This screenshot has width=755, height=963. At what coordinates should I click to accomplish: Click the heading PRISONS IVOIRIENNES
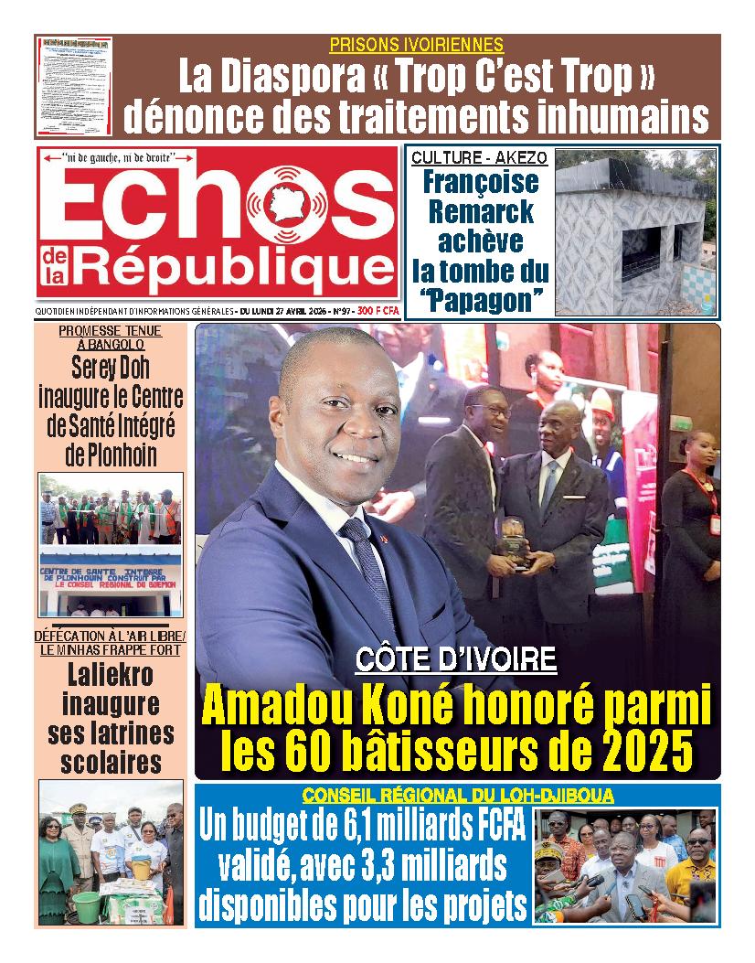[x=416, y=45]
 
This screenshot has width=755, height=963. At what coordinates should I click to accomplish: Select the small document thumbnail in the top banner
[x=75, y=86]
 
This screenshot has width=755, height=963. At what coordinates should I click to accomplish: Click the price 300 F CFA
[x=378, y=311]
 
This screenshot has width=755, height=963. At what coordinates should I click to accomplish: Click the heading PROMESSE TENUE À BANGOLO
[x=110, y=337]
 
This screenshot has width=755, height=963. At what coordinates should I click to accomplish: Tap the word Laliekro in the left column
[x=111, y=677]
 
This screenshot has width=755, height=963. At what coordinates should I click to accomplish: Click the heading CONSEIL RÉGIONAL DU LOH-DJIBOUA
[x=458, y=795]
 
